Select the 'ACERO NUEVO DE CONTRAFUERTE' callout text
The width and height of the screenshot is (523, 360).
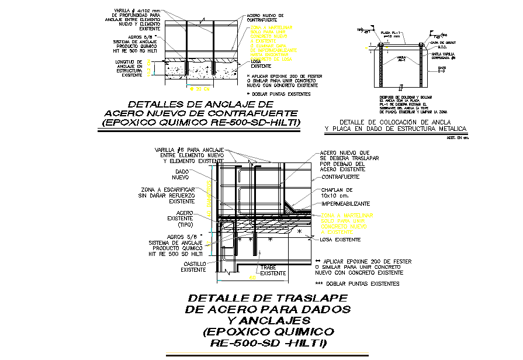click(x=265, y=18)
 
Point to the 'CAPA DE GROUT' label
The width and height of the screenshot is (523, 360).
click(x=442, y=43)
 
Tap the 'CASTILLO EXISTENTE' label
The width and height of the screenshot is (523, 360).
click(x=193, y=267)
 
